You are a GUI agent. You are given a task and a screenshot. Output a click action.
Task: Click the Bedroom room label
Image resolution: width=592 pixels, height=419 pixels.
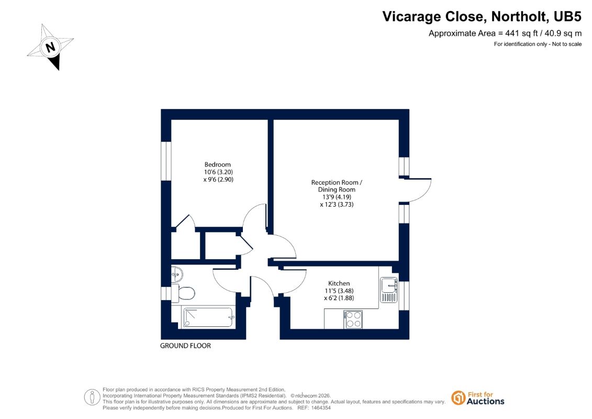pos(217,165)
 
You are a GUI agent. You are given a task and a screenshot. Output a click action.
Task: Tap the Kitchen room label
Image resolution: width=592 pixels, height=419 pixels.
pos(339,283)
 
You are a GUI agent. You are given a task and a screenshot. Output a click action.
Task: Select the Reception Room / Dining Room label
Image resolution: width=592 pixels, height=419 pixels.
pos(337,186)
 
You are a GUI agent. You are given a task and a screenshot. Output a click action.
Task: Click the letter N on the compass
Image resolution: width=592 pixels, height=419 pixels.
pos(50,47)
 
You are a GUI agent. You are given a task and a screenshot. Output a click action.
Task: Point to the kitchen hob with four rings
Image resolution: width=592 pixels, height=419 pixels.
pos(353,319)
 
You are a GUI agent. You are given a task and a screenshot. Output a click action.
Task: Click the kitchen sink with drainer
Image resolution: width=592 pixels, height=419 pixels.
pos(388,290)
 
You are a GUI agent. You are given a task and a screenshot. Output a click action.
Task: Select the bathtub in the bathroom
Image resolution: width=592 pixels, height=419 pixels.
pos(208,317)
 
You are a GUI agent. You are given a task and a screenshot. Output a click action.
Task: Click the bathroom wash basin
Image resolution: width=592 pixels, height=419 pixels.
pos(177,274)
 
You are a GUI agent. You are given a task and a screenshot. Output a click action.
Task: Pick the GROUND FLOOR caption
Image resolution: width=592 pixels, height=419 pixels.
pos(185,346)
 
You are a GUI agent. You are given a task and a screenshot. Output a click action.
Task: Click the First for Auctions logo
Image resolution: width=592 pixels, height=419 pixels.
pos(478,398)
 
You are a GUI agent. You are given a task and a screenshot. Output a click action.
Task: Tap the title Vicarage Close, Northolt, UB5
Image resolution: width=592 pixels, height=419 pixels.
pos(482,17)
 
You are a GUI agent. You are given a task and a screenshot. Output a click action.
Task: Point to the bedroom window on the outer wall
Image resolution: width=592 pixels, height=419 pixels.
pos(166,161)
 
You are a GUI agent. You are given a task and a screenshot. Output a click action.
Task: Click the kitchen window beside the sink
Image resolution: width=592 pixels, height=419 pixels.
pos(404,295)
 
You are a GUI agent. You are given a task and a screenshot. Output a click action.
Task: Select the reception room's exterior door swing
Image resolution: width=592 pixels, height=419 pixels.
pos(419,191)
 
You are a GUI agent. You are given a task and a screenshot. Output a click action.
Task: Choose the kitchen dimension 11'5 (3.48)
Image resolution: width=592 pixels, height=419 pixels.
pos(339,291)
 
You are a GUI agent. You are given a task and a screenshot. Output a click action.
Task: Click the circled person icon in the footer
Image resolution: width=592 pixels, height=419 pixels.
pos(92,398)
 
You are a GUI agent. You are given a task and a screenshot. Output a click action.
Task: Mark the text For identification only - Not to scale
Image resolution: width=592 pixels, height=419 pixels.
pos(538,44)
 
